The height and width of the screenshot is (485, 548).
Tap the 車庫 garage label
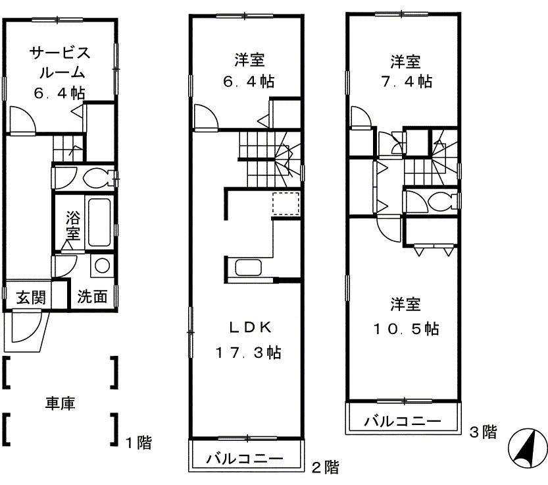click(x=60, y=403)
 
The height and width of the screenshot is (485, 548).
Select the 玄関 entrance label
click(x=31, y=297)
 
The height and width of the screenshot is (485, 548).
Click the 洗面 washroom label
click(x=92, y=297)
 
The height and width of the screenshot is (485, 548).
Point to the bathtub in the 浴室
click(x=99, y=222)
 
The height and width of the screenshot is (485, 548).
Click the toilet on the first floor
click(x=97, y=177)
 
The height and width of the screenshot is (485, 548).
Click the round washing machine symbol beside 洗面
click(x=102, y=266)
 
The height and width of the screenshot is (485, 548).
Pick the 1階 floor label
click(x=139, y=443)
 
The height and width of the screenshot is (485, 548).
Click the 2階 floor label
click(x=326, y=467)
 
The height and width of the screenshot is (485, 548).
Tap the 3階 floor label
click(x=483, y=432)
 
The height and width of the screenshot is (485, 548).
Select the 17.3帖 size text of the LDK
click(x=249, y=353)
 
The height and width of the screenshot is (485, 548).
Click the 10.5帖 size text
click(x=406, y=329)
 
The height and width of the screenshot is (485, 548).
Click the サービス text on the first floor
click(x=60, y=53)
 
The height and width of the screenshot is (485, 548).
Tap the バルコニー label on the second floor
click(x=244, y=458)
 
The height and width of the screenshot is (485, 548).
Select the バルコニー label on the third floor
click(x=403, y=420)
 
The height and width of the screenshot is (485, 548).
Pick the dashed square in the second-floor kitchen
click(x=286, y=204)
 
